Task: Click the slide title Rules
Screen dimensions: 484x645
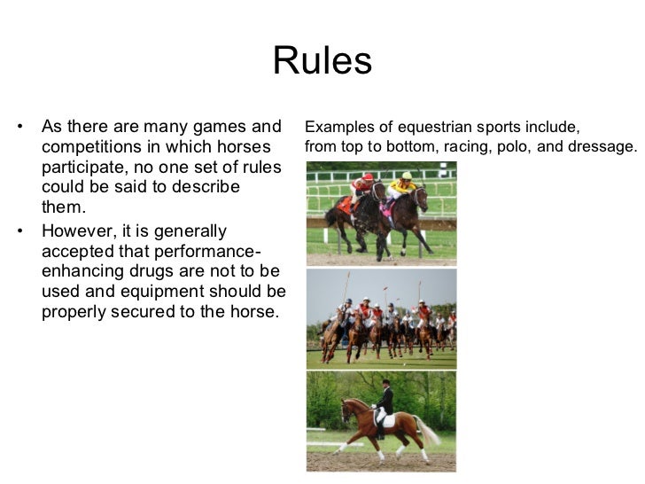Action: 322,61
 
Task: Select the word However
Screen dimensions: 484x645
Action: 80,230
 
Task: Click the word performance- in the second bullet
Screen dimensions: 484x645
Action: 209,251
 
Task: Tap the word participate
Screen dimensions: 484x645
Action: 82,167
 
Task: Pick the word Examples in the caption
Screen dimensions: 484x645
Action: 335,126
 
